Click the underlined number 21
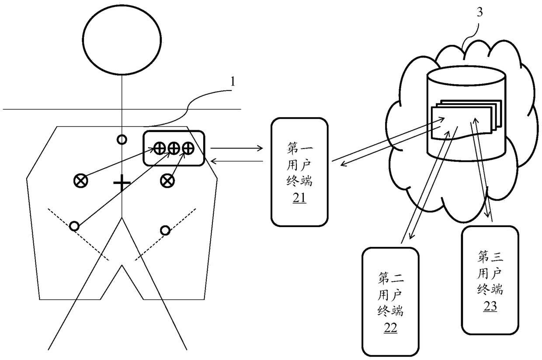pos(299,198)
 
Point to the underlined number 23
pos(490,307)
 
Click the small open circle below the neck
pos(122,140)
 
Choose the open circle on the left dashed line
pos(74,226)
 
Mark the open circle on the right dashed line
pos(165,230)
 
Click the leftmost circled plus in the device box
pos(160,149)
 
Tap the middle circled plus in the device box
pos(174,149)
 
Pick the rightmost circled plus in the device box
pos(188,149)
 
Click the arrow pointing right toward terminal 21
pos(236,148)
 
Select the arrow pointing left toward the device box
pos(236,162)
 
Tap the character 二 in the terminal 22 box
pos(397,278)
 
